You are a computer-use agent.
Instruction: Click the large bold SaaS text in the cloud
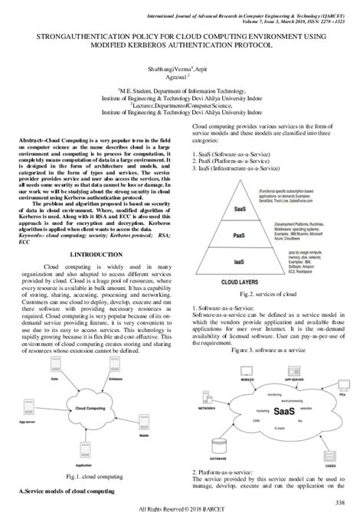(x=259, y=409)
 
